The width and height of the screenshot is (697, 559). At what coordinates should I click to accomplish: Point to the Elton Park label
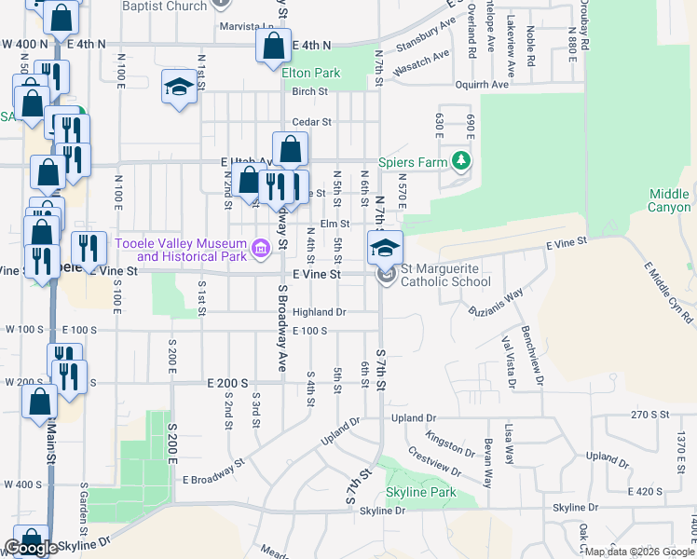pos(311,72)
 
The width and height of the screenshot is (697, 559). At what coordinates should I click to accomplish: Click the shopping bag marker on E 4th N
pos(272,45)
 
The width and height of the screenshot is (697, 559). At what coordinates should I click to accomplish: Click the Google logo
pos(32,548)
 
